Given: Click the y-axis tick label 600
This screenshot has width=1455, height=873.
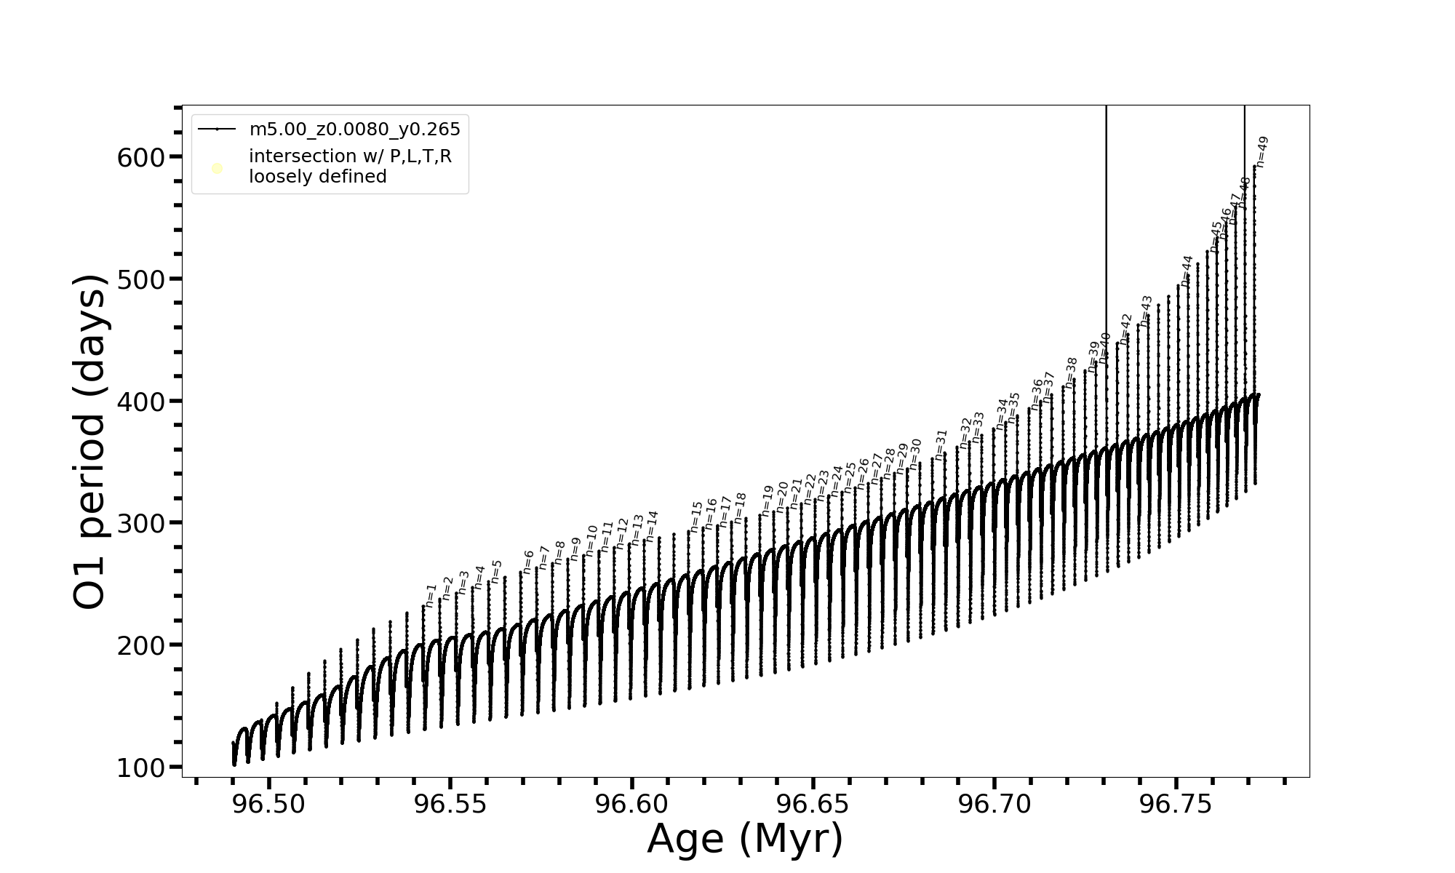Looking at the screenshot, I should click(140, 158).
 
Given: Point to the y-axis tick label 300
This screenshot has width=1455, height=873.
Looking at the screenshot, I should click(140, 524).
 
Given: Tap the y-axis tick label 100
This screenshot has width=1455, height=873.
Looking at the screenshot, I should click(140, 768).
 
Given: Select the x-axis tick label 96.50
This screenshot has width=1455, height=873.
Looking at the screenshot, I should click(268, 805).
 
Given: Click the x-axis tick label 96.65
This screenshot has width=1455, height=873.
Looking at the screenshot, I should click(813, 805).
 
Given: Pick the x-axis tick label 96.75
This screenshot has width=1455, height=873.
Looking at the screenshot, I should click(1176, 805).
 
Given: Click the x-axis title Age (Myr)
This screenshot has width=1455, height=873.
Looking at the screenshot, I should click(745, 839).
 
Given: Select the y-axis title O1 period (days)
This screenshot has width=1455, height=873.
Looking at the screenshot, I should click(90, 442).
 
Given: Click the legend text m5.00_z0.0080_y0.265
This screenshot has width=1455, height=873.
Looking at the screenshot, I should click(354, 129).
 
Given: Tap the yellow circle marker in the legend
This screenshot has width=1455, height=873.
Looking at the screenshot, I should click(217, 169).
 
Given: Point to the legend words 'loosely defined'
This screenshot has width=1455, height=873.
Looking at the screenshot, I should click(318, 177).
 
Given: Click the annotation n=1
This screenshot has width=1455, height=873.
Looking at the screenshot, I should click(431, 595).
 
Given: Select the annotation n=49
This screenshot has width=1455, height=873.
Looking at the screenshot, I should click(1262, 152).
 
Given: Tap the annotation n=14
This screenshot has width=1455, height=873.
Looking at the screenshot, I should click(652, 525).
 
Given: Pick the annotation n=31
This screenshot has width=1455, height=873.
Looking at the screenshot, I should click(941, 445).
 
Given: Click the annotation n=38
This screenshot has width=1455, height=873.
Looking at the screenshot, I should click(1071, 372).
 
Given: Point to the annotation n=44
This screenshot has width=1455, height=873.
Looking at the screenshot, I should click(1187, 271).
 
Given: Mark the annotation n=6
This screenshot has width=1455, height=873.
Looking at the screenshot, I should click(528, 562).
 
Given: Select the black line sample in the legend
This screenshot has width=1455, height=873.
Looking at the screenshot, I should click(217, 129).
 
